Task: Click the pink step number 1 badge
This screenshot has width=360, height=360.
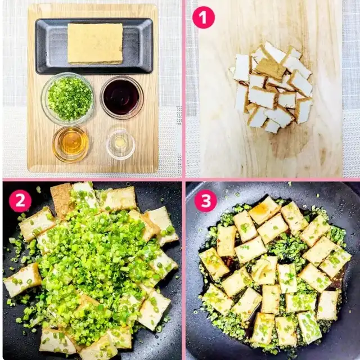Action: [204, 17]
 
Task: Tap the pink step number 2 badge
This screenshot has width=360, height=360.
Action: [20, 201]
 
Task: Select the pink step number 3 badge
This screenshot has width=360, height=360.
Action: [205, 201]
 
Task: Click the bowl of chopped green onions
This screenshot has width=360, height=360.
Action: [67, 99]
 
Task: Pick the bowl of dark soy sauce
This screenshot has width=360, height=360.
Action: [121, 97]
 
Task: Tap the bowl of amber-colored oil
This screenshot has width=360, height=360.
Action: [70, 144]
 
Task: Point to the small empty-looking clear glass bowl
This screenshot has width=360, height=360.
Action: [120, 144]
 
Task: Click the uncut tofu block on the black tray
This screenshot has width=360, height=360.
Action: [95, 44]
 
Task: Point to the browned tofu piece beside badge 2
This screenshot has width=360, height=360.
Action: [61, 200]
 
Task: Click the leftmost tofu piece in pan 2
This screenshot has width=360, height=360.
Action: [22, 280]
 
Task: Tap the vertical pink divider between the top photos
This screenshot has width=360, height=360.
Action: [183, 89]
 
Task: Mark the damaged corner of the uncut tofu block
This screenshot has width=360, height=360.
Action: [120, 48]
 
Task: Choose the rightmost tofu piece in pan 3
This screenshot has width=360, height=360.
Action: [335, 262]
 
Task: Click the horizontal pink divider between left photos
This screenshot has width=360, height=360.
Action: [92, 179]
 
